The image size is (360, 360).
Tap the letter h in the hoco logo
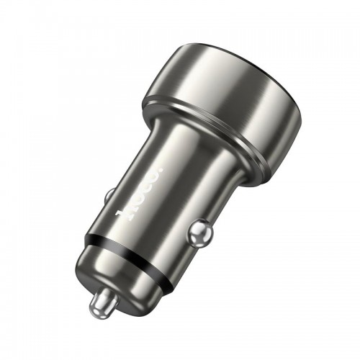[124, 210]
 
